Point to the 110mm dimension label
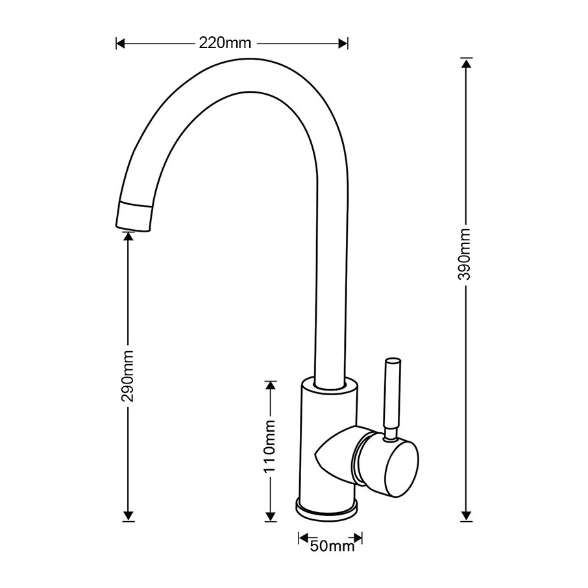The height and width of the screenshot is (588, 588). (x=271, y=446)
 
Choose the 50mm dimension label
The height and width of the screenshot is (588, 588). (x=330, y=546)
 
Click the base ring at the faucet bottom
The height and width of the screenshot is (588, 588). (x=327, y=508)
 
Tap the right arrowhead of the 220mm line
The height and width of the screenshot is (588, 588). (x=343, y=43)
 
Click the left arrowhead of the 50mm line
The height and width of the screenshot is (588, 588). (x=303, y=538)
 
